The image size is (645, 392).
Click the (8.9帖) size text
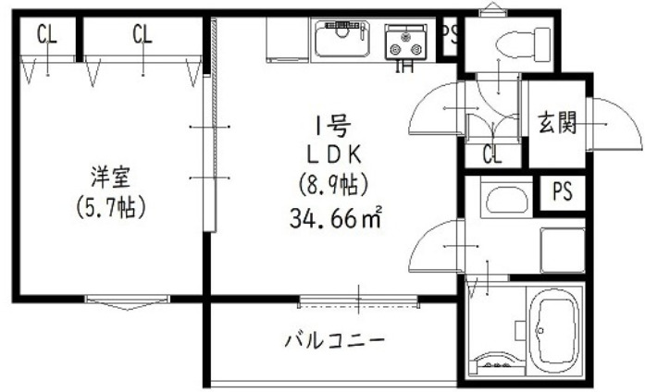click(x=334, y=185)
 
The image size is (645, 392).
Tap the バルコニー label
click(x=334, y=340)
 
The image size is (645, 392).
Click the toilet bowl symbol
click(x=512, y=43)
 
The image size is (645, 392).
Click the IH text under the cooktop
click(x=404, y=66)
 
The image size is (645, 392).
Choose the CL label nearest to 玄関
click(x=491, y=154)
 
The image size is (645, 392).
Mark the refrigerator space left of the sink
click(x=284, y=40)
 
